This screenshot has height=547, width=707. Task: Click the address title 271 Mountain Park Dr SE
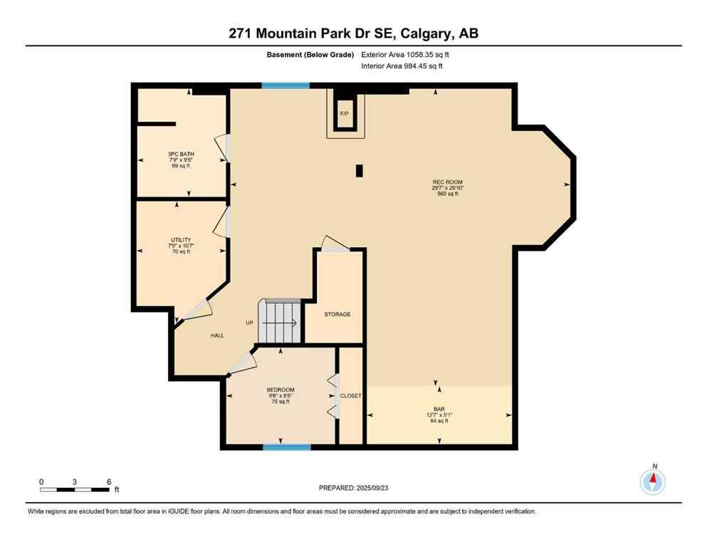[353, 33]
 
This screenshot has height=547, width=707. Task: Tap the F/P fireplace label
[344, 114]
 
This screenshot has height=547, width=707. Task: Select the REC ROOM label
[448, 182]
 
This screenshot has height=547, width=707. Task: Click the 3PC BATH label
[180, 155]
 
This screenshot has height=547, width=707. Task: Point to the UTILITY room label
[180, 240]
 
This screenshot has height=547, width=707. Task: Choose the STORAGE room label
[337, 314]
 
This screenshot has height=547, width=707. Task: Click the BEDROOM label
[280, 390]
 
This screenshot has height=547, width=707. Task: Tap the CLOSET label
[350, 396]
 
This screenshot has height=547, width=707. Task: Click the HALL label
[217, 335]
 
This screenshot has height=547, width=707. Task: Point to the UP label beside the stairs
[249, 323]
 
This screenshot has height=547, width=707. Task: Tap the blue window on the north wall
[285, 85]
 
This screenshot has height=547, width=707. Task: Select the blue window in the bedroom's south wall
[286, 447]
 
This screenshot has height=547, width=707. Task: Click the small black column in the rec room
[360, 171]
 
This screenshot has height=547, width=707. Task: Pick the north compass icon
[653, 481]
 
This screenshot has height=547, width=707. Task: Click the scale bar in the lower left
[75, 489]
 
